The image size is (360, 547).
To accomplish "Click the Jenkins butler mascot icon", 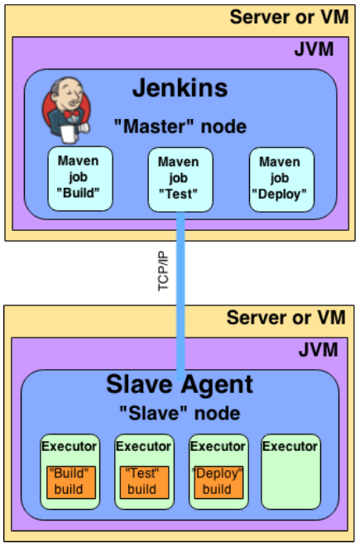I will (x=66, y=107).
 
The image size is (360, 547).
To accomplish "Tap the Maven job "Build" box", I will (x=79, y=179).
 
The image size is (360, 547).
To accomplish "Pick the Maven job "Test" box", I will (x=178, y=179).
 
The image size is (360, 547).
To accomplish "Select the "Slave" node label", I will (x=179, y=413).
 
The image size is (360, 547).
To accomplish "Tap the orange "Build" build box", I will (x=70, y=482).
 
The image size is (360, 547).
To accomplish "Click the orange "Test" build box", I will (x=143, y=482).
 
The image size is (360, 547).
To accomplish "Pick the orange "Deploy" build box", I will (x=217, y=482).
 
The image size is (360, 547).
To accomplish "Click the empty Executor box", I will (x=290, y=476).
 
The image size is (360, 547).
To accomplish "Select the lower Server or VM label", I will (x=288, y=319).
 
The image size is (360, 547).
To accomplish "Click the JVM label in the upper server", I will (x=314, y=49).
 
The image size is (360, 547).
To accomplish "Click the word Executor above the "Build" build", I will (x=70, y=446).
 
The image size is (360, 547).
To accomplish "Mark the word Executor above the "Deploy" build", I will (x=217, y=446).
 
